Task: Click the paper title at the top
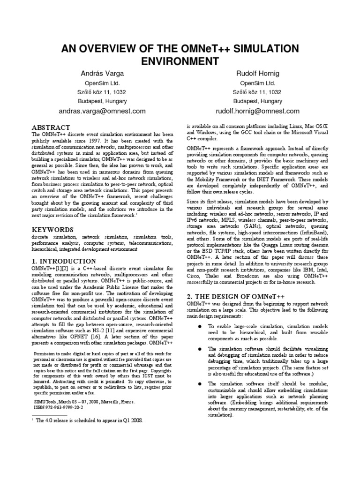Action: click(180, 55)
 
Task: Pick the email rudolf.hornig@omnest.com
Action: click(257, 111)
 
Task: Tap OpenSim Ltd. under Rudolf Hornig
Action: click(258, 83)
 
